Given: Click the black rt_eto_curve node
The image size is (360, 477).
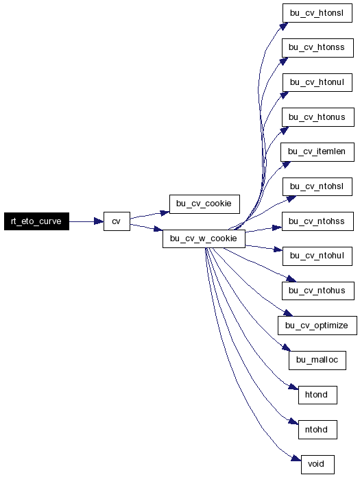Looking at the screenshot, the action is coord(36,221).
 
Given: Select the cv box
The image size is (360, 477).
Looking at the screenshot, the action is coord(117,221).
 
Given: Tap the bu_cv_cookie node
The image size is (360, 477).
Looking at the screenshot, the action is coord(204,204).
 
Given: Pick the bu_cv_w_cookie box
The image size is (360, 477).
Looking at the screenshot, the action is coord(204,238).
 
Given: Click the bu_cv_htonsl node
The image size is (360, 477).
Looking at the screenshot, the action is coord(317,13).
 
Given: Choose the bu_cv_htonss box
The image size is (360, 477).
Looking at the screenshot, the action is coord(317,47).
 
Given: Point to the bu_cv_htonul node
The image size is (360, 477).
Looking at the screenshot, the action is coord(317,82).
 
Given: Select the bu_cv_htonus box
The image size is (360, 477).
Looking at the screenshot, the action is coord(317,117).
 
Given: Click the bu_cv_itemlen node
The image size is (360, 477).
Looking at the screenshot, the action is coord(317,151).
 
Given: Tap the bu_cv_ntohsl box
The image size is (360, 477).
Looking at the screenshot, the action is coord(317,186).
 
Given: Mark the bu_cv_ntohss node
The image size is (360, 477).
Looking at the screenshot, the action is coord(317,221).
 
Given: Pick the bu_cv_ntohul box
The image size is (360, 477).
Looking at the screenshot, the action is coord(317,256).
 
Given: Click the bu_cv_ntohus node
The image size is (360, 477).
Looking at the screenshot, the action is coord(317,291).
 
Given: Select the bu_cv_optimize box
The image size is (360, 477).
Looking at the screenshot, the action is coord(317,326).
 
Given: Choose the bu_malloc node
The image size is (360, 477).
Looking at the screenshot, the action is coord(317,360).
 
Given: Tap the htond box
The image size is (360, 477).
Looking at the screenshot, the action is coord(317,395).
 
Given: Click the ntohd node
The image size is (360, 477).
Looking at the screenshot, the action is coord(317,430).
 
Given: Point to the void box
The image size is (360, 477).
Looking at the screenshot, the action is coord(317,464).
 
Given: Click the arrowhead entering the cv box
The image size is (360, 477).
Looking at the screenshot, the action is coord(99,221).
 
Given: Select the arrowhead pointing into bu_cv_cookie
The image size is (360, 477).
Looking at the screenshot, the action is coord(165,212).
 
